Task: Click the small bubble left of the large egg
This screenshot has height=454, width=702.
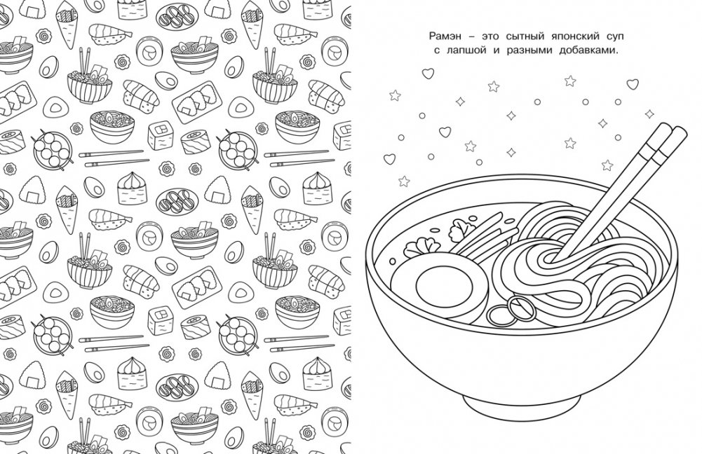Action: pyautogui.click(x=393, y=261)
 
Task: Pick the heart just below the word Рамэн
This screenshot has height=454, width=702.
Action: pyautogui.click(x=428, y=73)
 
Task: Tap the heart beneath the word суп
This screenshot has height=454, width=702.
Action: pyautogui.click(x=632, y=83)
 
